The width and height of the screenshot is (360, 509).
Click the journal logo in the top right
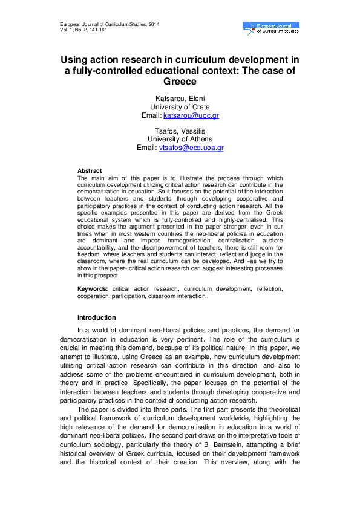pyautogui.click(x=270, y=27)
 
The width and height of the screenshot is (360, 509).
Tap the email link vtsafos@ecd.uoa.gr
pyautogui.click(x=191, y=147)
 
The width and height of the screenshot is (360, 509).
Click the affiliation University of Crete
pyautogui.click(x=180, y=107)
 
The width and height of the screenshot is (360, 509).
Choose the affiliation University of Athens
pyautogui.click(x=180, y=139)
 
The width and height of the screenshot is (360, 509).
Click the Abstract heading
pyautogui.click(x=90, y=171)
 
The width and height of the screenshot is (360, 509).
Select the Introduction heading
pyautogui.click(x=96, y=317)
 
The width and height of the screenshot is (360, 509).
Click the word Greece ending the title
pyautogui.click(x=180, y=82)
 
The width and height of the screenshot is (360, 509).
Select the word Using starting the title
pyautogui.click(x=75, y=60)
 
